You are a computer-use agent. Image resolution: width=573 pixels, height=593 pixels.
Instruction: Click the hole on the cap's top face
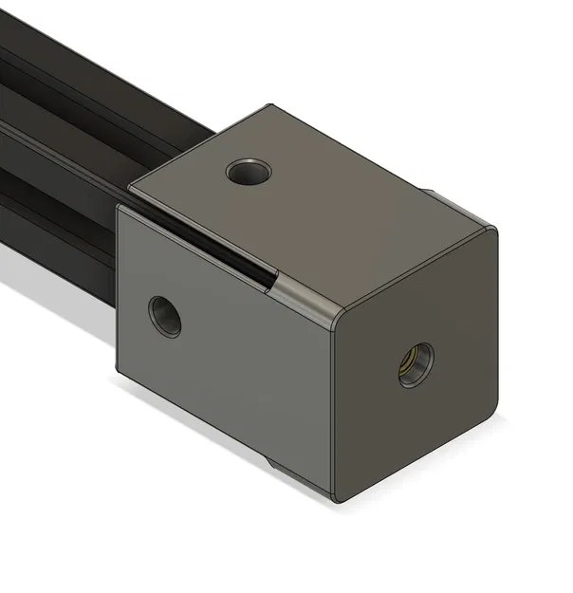pyautogui.click(x=249, y=173)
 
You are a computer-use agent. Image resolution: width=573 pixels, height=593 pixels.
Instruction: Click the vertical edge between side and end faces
pyautogui.click(x=332, y=408)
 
